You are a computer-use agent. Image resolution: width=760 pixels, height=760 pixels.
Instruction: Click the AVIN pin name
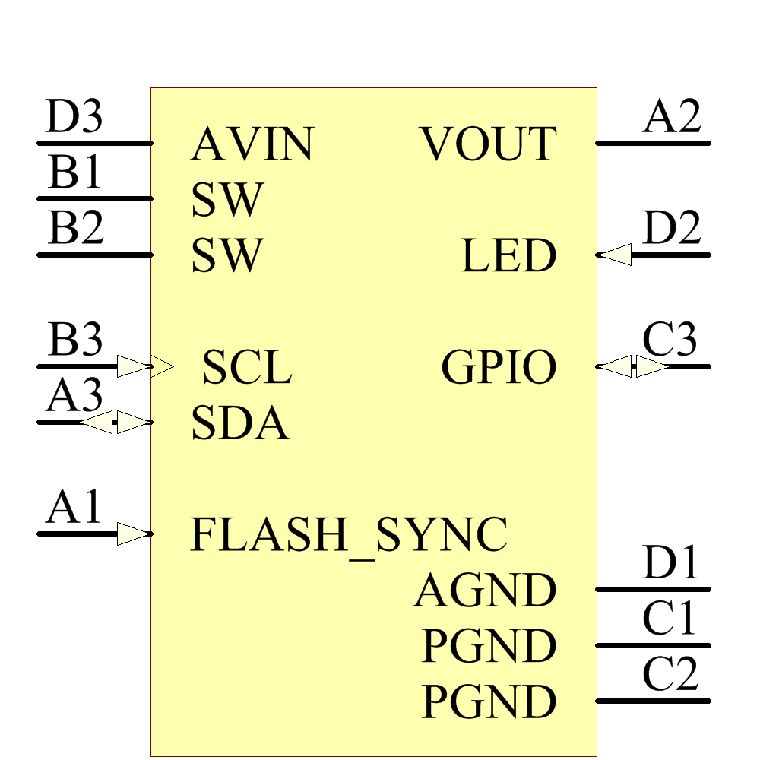pyautogui.click(x=252, y=144)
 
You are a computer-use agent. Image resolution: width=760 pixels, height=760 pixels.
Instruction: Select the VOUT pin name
pyautogui.click(x=489, y=144)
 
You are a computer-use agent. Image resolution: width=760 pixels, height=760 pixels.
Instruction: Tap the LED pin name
pyautogui.click(x=508, y=256)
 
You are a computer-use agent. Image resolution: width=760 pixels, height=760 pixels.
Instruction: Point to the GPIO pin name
pyautogui.click(x=499, y=368)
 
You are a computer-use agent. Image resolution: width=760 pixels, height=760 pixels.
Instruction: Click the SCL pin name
pyautogui.click(x=247, y=368)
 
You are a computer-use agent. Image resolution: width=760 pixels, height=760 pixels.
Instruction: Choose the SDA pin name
pyautogui.click(x=239, y=423)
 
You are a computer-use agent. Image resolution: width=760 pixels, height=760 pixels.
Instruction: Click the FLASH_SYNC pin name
pyautogui.click(x=348, y=535)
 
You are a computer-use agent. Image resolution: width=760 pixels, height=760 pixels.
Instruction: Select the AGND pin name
pyautogui.click(x=486, y=591)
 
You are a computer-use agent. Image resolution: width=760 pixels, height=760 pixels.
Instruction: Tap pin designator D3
pyautogui.click(x=74, y=118)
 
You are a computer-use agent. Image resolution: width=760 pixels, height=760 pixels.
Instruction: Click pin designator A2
pyautogui.click(x=672, y=118)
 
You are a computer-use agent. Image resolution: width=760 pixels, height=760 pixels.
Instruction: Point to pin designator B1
pyautogui.click(x=74, y=173)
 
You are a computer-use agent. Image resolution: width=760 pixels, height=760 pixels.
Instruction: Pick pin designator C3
pyautogui.click(x=670, y=340)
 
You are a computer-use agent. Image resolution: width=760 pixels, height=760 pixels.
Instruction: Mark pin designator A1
pyautogui.click(x=74, y=508)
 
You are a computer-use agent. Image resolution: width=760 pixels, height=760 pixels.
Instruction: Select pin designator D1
pyautogui.click(x=670, y=564)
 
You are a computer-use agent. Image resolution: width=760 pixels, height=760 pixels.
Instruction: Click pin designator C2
pyautogui.click(x=670, y=675)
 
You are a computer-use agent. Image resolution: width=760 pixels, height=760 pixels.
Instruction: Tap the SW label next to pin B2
pyautogui.click(x=226, y=256)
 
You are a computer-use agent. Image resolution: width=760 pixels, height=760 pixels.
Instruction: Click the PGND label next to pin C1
pyautogui.click(x=489, y=647)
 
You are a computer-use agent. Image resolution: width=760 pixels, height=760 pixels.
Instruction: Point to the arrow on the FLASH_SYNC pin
pyautogui.click(x=135, y=534)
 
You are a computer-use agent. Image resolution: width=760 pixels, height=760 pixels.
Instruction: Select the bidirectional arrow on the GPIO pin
pyautogui.click(x=632, y=367)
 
